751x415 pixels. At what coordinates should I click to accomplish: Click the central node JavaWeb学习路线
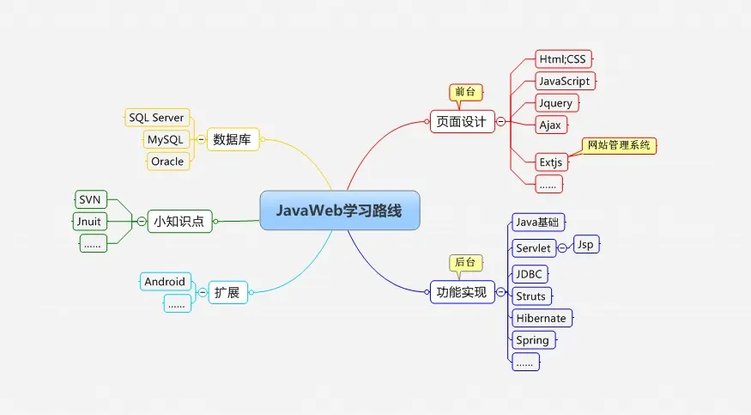pos(340,211)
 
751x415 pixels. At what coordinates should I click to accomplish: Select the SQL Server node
pos(156,117)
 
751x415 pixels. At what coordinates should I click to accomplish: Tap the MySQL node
pos(165,139)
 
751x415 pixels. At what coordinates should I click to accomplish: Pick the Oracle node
pos(167,162)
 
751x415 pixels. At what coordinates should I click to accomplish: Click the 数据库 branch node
pos(232,139)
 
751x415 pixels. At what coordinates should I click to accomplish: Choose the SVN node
pos(89,199)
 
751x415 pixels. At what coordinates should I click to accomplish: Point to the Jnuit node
pos(89,222)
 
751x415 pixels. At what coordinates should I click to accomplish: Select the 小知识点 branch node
pos(179,221)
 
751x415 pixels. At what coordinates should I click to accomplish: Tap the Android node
pos(165,281)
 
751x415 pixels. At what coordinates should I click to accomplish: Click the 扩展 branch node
pos(227,293)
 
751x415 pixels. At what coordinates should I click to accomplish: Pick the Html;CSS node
pos(564,59)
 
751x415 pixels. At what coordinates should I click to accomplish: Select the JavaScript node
pos(564,82)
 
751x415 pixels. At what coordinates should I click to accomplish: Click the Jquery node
pos(555,103)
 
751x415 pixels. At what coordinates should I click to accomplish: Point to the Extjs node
pos(550,161)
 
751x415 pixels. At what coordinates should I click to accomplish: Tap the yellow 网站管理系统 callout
pos(619,145)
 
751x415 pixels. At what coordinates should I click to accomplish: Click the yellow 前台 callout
pos(466,91)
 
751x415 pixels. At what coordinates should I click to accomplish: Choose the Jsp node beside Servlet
pos(585,244)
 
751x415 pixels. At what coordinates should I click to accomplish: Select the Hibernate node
pos(541,318)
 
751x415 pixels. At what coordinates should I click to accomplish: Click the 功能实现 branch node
pos(462,293)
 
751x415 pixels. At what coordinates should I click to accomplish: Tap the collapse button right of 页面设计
pos(500,122)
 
